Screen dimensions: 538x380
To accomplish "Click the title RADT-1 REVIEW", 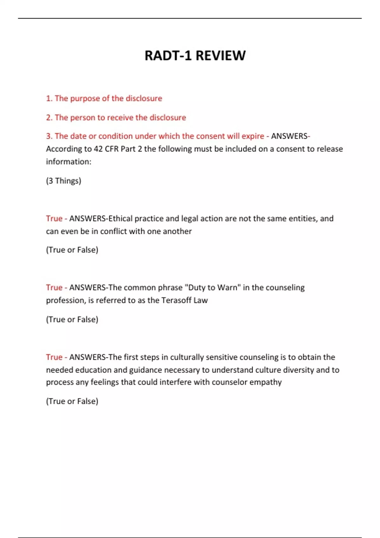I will [195, 56].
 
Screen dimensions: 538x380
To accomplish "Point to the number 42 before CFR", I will [98, 149].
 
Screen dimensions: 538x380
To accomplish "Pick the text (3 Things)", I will [64, 181].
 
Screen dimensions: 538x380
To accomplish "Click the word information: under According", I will [68, 162].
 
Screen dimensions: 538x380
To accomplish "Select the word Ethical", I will [120, 218].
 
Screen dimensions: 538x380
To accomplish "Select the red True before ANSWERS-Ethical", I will [54, 218].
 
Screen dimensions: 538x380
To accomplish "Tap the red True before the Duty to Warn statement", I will [54, 287].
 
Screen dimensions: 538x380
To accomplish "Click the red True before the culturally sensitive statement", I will [54, 357].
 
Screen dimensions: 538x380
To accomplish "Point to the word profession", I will [66, 300].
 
